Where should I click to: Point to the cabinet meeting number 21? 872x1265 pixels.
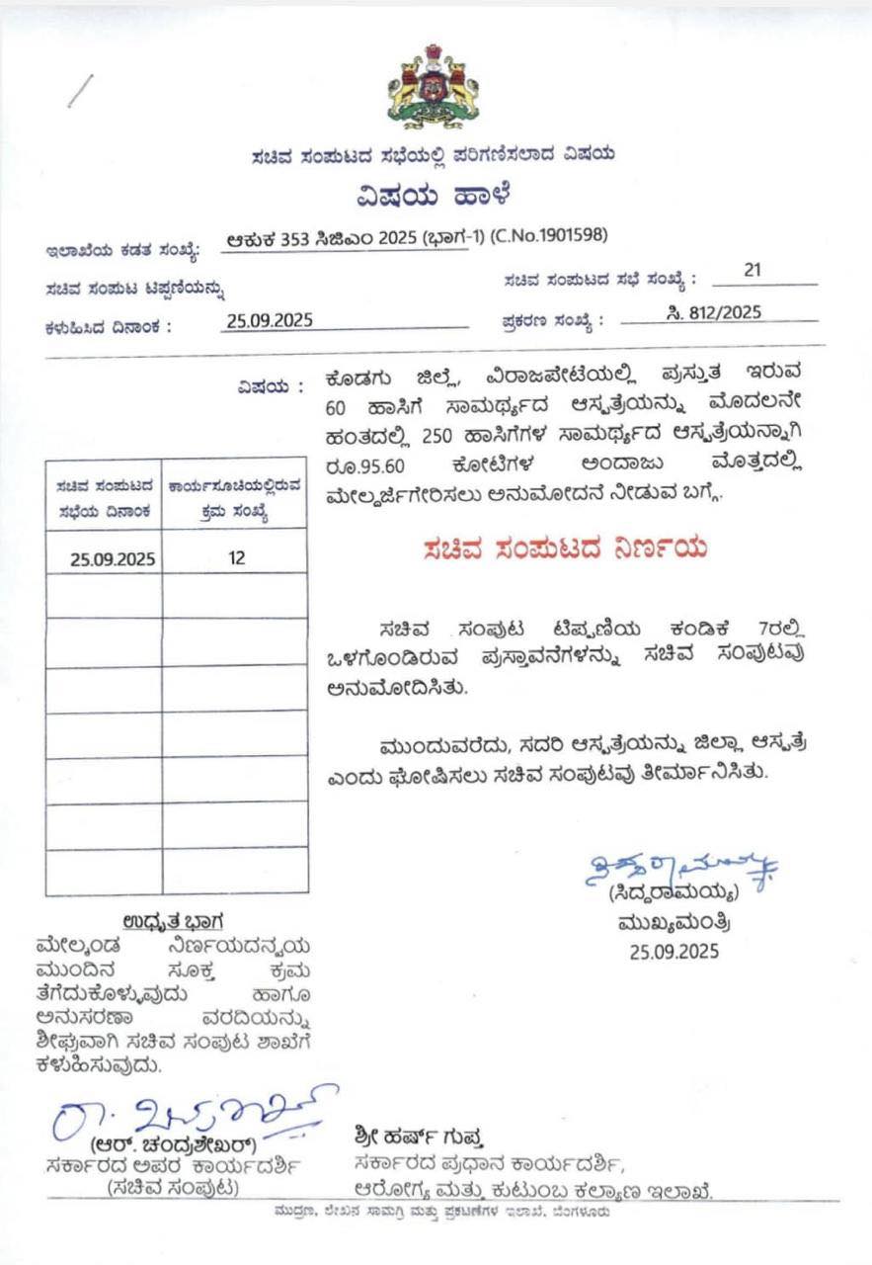pos(753,271)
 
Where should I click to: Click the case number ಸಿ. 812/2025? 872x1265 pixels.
pos(713,312)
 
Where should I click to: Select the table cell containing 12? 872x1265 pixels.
pos(236,557)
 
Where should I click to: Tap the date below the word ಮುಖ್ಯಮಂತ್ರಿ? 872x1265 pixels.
pos(674,952)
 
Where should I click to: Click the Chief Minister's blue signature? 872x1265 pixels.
pos(681,871)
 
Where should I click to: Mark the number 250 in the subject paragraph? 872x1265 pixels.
pos(436,435)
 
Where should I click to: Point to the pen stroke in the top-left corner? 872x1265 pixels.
pos(79,91)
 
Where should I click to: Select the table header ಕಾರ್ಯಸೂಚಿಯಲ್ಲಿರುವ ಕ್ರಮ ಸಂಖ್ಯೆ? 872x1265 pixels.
pos(235,500)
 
